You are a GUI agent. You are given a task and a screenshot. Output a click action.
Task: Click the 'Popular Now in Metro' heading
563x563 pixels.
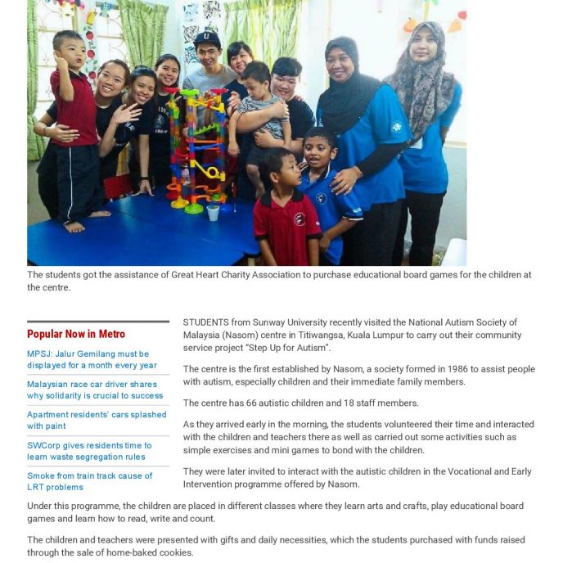tap(76, 334)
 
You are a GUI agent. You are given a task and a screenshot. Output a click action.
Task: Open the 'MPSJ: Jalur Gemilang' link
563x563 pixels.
tap(92, 359)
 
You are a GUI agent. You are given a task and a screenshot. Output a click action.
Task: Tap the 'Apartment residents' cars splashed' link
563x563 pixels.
tap(96, 420)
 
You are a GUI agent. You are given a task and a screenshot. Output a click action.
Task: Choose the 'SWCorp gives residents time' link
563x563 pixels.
tap(89, 451)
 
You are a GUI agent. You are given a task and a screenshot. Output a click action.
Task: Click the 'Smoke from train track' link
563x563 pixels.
tap(89, 481)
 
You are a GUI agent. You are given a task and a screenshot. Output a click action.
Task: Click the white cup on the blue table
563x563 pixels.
tap(214, 212)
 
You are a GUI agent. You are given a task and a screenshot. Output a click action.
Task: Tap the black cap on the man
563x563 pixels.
tap(208, 39)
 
